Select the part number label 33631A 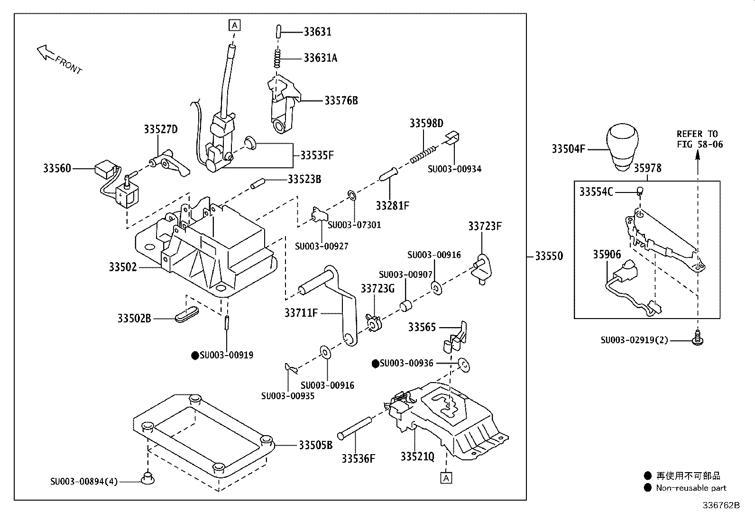[x=321, y=58]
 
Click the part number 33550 [x=549, y=256]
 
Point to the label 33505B [x=315, y=445]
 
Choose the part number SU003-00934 [x=454, y=169]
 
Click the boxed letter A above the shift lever [x=234, y=25]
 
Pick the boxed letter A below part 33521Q [x=446, y=478]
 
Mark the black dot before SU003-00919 [x=194, y=355]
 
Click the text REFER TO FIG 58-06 [x=700, y=139]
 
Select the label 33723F [x=485, y=226]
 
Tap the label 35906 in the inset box [x=607, y=255]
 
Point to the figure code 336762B [x=721, y=505]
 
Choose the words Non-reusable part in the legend [x=691, y=488]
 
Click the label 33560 [x=57, y=168]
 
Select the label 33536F [x=358, y=458]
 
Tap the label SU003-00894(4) [x=84, y=482]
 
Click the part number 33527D [x=160, y=129]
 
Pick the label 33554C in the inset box [x=596, y=192]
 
